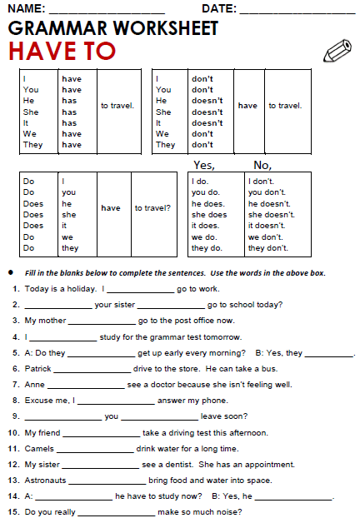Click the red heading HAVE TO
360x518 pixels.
tap(62, 52)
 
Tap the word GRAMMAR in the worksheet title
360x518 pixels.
tap(56, 28)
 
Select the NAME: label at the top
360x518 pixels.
tap(26, 9)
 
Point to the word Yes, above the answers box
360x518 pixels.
tap(204, 165)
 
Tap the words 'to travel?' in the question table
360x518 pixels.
tap(153, 208)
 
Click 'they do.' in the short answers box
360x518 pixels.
tap(205, 248)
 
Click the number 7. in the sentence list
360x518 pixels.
tap(16, 385)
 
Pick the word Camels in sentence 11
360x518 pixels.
tap(38, 448)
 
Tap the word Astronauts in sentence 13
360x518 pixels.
tap(45, 481)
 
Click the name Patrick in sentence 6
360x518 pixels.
tap(38, 369)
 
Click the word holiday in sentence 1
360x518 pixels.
tap(76, 289)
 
